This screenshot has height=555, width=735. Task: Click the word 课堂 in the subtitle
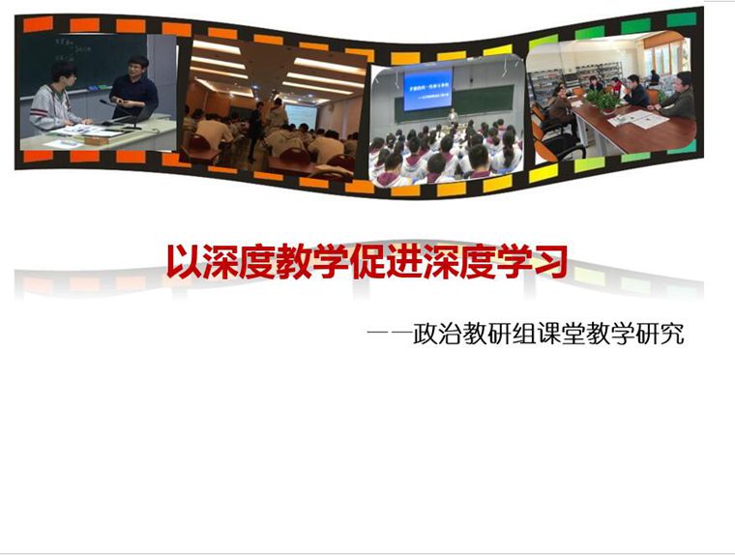click(562, 334)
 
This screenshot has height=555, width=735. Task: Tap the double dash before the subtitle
click(389, 334)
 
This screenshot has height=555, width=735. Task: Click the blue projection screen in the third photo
click(427, 90)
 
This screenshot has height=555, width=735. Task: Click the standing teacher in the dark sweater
click(133, 88)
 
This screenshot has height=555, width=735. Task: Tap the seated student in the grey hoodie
click(54, 100)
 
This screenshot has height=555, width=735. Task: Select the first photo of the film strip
click(98, 93)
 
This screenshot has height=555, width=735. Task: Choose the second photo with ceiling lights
click(275, 108)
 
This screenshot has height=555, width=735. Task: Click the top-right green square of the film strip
click(682, 19)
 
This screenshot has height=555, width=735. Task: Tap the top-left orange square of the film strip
click(38, 24)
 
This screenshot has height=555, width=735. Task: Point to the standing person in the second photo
click(255, 131)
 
